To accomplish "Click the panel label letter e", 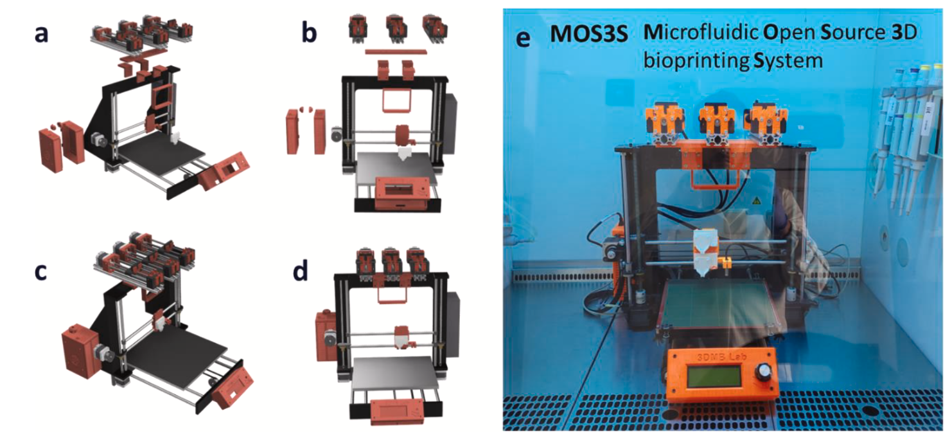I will pos(523,39).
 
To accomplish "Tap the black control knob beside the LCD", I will pos(763,372).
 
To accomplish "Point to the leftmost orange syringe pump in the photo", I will pos(667,122).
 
